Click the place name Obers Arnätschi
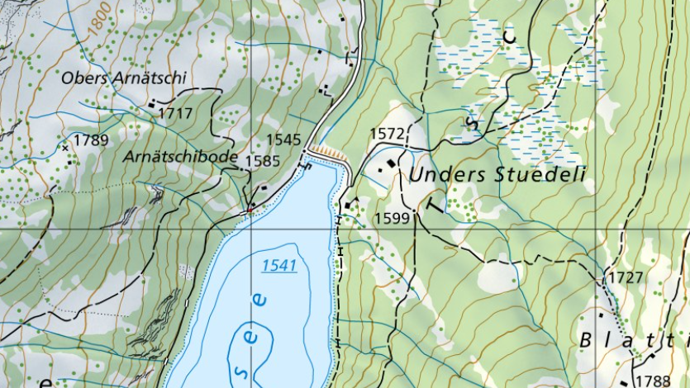tap(125, 78)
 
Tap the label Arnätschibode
tap(180, 156)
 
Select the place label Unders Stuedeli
tap(497, 174)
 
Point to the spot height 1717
tap(175, 112)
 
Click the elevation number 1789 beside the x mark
tap(90, 140)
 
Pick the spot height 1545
tap(283, 140)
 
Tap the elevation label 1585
tap(263, 161)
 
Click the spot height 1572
tap(387, 133)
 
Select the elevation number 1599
tap(392, 218)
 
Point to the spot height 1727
tap(625, 277)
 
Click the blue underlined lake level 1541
tap(278, 265)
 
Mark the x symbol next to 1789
tap(65, 147)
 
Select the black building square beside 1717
tap(152, 104)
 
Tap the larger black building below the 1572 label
tap(389, 163)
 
